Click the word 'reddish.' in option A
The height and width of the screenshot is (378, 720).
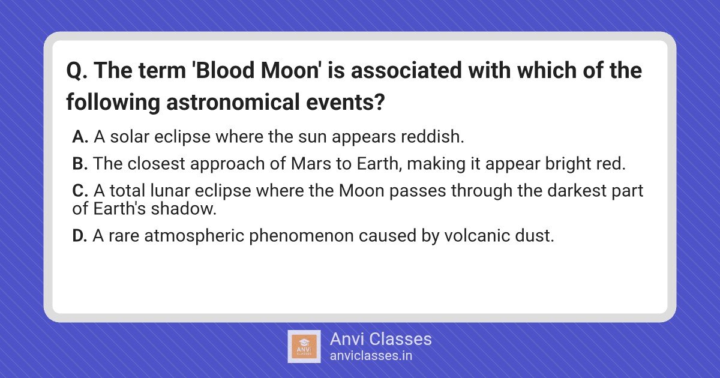click(x=433, y=137)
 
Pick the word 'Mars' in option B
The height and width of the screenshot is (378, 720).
click(x=311, y=164)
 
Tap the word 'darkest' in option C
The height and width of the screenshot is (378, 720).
click(x=577, y=191)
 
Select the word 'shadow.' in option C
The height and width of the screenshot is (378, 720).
click(x=184, y=209)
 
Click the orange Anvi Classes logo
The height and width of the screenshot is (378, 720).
click(x=304, y=347)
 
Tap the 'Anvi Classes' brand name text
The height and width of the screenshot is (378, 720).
click(x=381, y=339)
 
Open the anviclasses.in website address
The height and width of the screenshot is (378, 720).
click(x=371, y=356)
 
